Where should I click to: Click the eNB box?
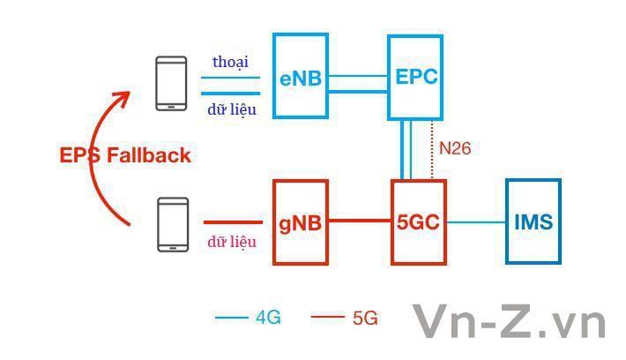(x=300, y=77)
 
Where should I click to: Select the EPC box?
(x=416, y=77)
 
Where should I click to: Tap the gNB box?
(x=300, y=221)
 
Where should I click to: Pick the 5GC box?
(x=418, y=221)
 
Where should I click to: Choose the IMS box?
(x=533, y=221)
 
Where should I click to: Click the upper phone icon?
(x=171, y=84)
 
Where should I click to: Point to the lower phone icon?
(x=173, y=224)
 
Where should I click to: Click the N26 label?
(x=455, y=148)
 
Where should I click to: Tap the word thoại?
(x=230, y=62)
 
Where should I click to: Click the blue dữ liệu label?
(x=232, y=109)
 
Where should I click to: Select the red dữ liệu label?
(x=232, y=241)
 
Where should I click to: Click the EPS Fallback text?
(x=125, y=155)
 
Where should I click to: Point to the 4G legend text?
(x=268, y=318)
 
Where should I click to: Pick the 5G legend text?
(x=364, y=318)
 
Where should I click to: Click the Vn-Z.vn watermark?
(x=510, y=321)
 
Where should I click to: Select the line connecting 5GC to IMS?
(x=475, y=221)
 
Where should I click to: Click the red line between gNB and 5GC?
(x=359, y=221)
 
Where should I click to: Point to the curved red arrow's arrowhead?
(x=124, y=96)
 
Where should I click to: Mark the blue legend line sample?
(x=232, y=318)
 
